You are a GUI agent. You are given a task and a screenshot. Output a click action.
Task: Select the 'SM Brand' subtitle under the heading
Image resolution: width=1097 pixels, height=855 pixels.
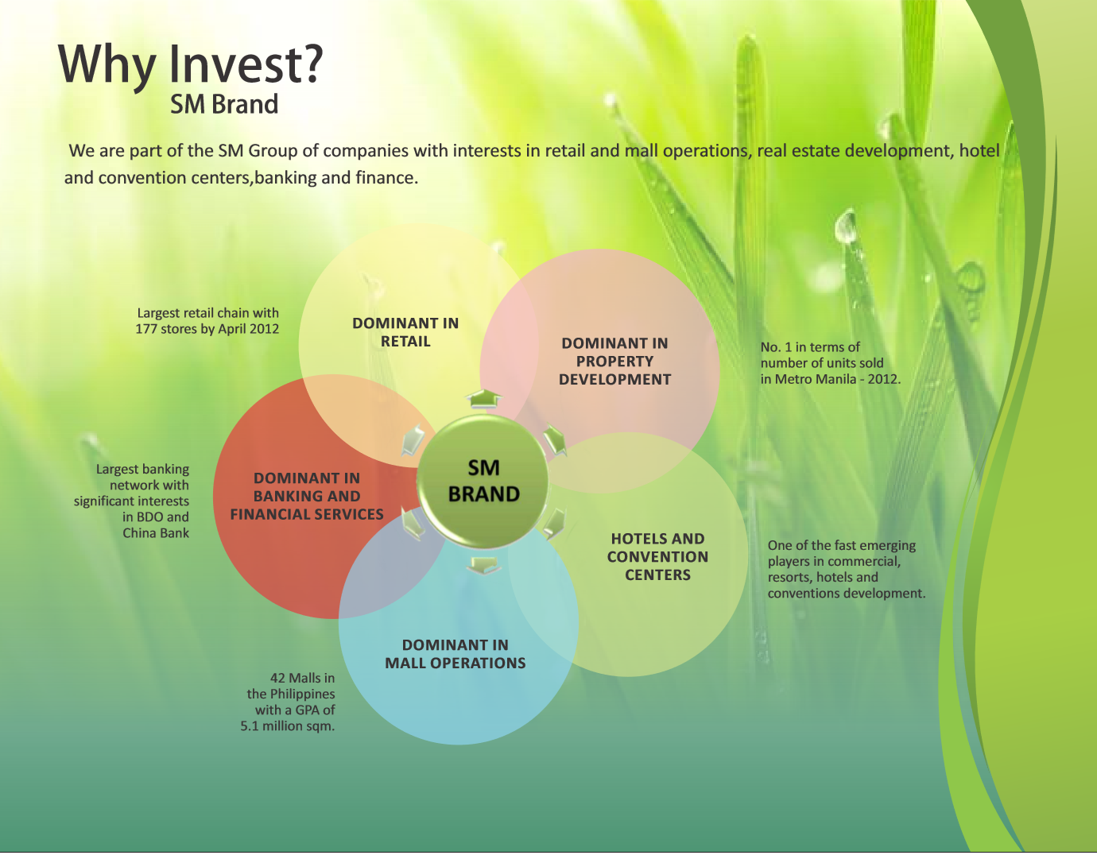click(x=223, y=104)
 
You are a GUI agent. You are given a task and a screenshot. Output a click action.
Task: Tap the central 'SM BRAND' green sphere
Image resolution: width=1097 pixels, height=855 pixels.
click(x=483, y=482)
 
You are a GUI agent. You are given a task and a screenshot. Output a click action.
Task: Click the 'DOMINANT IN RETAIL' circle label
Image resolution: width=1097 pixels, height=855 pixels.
click(x=405, y=332)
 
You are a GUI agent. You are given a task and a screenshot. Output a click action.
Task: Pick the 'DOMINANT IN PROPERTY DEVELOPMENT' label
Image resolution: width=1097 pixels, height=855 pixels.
click(x=614, y=362)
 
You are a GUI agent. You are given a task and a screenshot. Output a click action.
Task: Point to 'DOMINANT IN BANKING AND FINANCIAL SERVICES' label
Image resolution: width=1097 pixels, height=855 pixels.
click(x=307, y=496)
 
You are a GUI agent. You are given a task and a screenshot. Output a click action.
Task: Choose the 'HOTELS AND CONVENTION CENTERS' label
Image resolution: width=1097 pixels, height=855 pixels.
click(x=657, y=556)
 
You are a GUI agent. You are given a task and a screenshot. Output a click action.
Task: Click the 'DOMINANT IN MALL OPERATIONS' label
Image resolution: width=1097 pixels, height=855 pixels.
click(x=455, y=654)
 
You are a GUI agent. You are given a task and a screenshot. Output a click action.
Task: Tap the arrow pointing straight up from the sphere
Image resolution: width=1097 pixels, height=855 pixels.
click(x=483, y=398)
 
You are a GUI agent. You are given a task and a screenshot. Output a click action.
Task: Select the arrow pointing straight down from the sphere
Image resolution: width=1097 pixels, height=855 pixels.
click(x=483, y=566)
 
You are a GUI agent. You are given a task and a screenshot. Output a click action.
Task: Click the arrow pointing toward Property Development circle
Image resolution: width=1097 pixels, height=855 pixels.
click(x=555, y=439)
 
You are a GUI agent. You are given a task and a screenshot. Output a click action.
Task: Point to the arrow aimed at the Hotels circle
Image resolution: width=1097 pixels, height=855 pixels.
click(x=554, y=524)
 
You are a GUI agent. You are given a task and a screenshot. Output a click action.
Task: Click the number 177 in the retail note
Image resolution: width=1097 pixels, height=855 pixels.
click(x=146, y=329)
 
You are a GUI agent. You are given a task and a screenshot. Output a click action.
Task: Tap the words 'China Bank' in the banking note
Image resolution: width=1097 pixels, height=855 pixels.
click(x=156, y=532)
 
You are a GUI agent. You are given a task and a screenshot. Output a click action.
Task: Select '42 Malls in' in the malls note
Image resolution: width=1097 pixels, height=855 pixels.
click(x=302, y=678)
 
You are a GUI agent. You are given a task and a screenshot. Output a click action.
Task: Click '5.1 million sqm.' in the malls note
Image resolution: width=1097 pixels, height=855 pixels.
click(x=287, y=725)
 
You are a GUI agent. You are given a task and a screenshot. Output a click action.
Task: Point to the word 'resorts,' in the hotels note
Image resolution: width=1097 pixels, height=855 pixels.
click(x=790, y=577)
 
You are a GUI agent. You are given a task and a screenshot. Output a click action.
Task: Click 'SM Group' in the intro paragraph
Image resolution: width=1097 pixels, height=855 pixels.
click(x=258, y=151)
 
